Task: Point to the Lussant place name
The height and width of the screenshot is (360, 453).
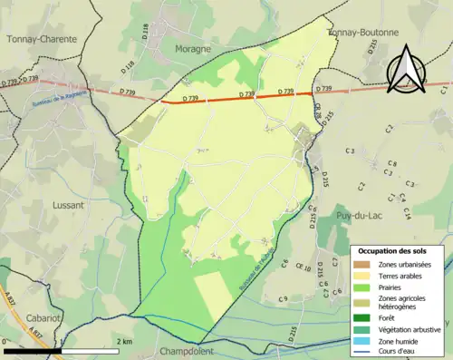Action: click(64, 205)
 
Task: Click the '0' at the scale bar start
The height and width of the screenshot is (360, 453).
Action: click(5, 342)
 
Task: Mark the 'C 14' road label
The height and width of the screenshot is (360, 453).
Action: click(407, 213)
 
